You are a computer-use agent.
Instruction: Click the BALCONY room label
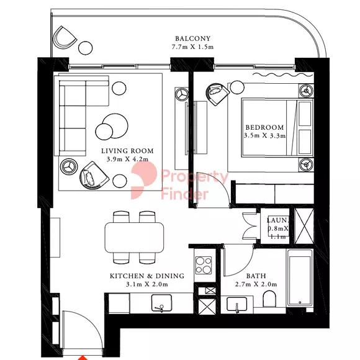[192, 38]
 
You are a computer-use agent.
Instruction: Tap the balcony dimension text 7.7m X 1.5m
[192, 47]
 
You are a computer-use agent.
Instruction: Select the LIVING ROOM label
[127, 151]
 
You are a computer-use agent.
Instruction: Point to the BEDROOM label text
[264, 127]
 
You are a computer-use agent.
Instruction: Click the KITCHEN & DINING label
[147, 276]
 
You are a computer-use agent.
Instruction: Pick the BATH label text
[256, 276]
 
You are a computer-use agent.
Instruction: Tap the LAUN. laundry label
[277, 220]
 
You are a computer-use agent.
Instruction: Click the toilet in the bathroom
[269, 299]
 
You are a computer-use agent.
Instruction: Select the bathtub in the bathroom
[300, 277]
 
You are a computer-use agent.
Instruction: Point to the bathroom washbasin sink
[236, 304]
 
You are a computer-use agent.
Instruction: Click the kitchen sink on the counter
[161, 303]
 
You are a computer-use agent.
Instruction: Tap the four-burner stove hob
[204, 265]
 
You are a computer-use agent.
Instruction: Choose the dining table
[134, 237]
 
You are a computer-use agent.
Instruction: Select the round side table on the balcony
[86, 48]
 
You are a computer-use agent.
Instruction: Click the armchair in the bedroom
[217, 94]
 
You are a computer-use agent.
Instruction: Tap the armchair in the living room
[94, 176]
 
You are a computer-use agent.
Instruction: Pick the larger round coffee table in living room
[115, 126]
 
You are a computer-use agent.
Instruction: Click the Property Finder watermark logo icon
[144, 180]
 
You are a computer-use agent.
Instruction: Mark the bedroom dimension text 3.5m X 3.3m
[264, 135]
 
